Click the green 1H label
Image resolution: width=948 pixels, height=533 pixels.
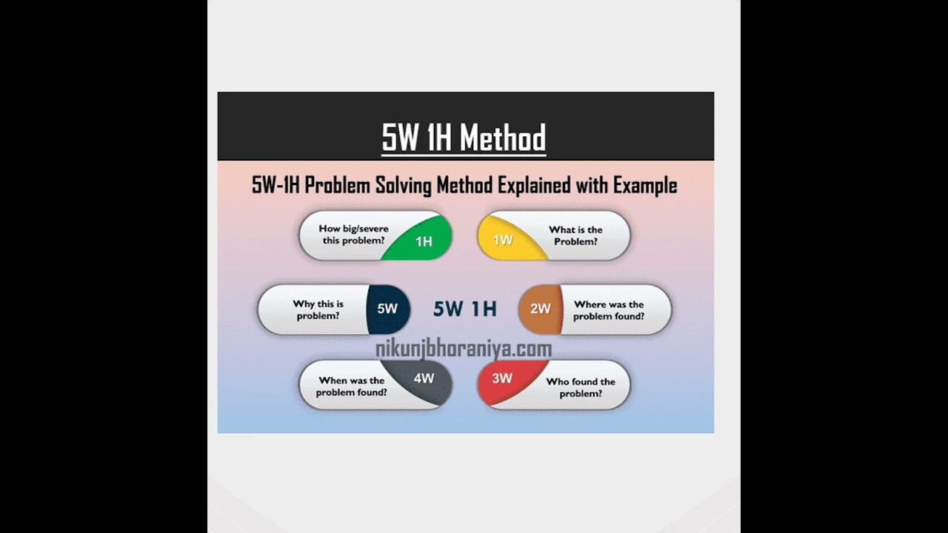(x=424, y=241)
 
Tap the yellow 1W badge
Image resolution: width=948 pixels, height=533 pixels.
(x=503, y=240)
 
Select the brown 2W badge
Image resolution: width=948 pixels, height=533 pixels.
(x=541, y=309)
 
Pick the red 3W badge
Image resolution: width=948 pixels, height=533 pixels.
(x=502, y=378)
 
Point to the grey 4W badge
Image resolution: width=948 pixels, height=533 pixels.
(x=424, y=378)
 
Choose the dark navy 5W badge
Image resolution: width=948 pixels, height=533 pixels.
(x=387, y=309)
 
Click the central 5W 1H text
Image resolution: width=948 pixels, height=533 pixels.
(x=464, y=309)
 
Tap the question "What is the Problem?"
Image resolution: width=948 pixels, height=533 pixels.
(x=575, y=235)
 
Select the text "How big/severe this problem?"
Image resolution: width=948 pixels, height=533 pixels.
(x=353, y=235)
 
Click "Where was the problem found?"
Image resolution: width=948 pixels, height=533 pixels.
(x=609, y=310)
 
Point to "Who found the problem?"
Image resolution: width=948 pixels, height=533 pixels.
(x=581, y=387)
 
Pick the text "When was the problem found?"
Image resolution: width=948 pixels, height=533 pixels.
(x=352, y=386)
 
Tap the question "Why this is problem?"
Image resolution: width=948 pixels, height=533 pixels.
(x=318, y=309)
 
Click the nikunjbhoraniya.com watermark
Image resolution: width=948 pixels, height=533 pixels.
(x=464, y=349)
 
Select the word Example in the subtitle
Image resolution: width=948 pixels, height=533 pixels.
(x=645, y=185)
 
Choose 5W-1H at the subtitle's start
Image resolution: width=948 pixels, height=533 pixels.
(x=276, y=185)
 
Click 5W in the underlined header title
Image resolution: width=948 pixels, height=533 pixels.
(x=401, y=138)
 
